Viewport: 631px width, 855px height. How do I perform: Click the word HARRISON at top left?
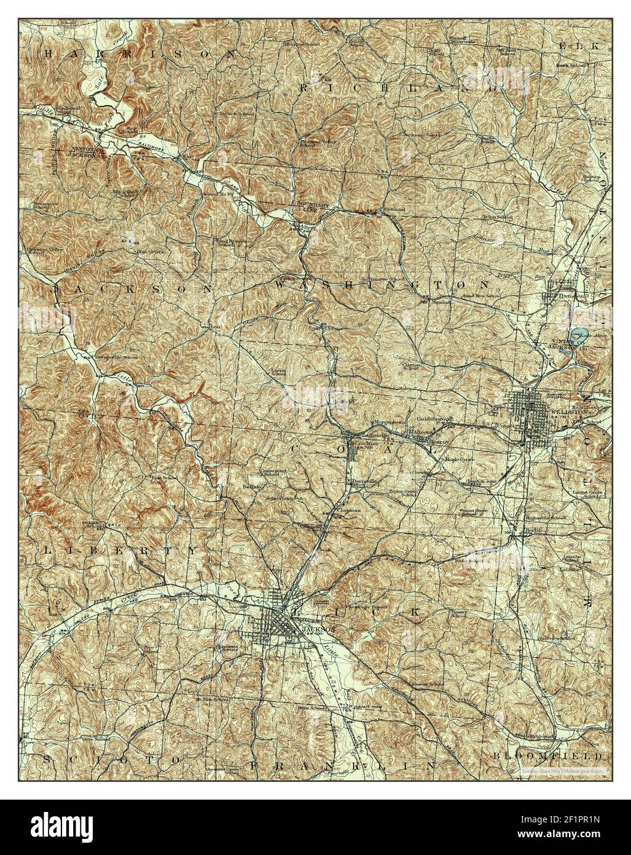[141, 55]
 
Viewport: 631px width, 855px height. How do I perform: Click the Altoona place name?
[423, 433]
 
